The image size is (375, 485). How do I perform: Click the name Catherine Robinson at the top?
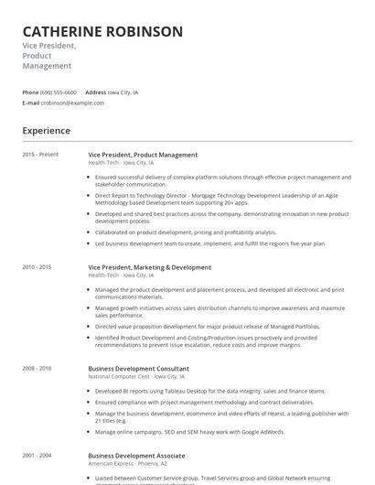click(102, 31)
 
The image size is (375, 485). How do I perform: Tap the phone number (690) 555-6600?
click(59, 92)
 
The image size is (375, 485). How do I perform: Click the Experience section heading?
click(46, 131)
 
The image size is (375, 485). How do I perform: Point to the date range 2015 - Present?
click(41, 155)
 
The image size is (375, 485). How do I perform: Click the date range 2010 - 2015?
click(37, 267)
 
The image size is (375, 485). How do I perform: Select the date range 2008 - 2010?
click(37, 368)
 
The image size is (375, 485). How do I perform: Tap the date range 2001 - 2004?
click(37, 454)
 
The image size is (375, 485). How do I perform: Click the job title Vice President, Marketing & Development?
click(149, 267)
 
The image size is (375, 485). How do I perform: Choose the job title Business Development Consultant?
click(138, 368)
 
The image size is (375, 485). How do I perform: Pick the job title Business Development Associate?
click(137, 454)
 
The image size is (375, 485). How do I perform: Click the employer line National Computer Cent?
click(137, 376)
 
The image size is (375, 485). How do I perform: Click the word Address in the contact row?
click(95, 92)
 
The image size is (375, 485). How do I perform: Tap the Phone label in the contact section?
click(30, 92)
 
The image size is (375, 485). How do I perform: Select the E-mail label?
click(30, 102)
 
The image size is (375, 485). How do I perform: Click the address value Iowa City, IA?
click(123, 92)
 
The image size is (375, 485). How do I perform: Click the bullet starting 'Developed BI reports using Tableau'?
click(209, 391)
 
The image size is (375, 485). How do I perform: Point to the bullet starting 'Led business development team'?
click(209, 243)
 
